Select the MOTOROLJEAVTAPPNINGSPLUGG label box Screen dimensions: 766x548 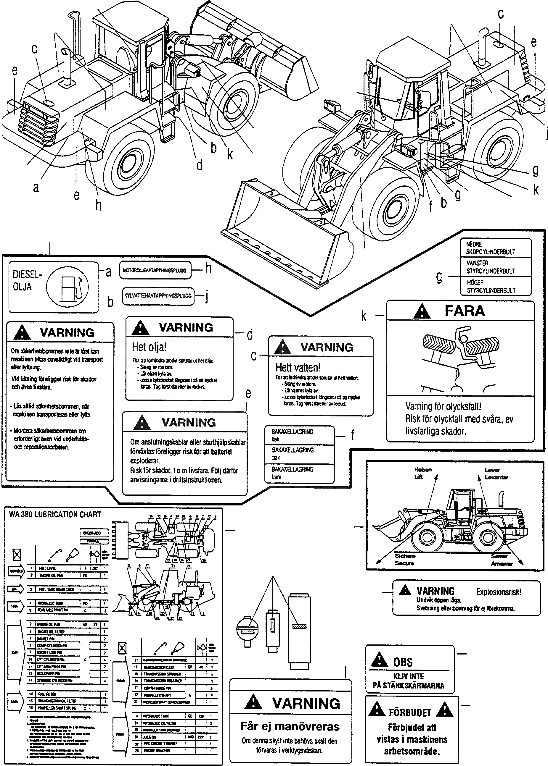(x=155, y=270)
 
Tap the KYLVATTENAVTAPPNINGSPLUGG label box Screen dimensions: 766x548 (x=158, y=295)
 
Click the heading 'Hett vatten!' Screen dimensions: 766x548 (x=298, y=367)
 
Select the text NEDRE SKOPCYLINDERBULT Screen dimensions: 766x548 (x=491, y=248)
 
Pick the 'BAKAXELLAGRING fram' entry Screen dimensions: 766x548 (x=292, y=473)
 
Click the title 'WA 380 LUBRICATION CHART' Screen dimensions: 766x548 (x=55, y=515)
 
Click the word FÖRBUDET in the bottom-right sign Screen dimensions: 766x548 (x=410, y=712)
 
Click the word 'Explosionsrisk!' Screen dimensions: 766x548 (x=498, y=592)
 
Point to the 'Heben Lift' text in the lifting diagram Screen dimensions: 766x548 (x=422, y=473)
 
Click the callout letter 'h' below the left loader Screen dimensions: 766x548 (x=98, y=205)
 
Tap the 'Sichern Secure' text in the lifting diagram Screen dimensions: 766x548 (x=405, y=560)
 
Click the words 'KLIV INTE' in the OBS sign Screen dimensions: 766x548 (x=408, y=676)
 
